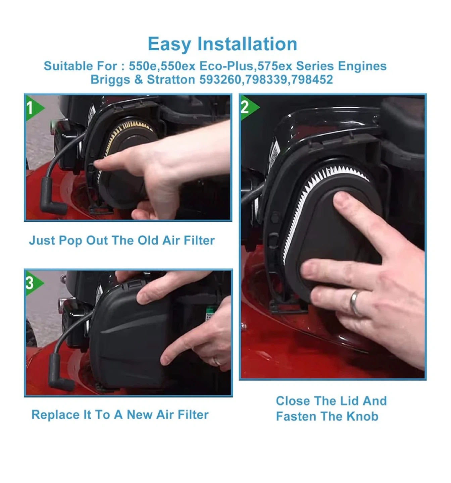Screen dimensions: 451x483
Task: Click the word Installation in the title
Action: pyautogui.click(x=247, y=44)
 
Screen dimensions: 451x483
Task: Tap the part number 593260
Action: pyautogui.click(x=220, y=79)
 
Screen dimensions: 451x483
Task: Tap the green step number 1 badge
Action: pyautogui.click(x=34, y=108)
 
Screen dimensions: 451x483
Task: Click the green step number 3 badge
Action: pyautogui.click(x=34, y=283)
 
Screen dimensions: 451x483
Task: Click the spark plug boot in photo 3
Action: pyautogui.click(x=59, y=372)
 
